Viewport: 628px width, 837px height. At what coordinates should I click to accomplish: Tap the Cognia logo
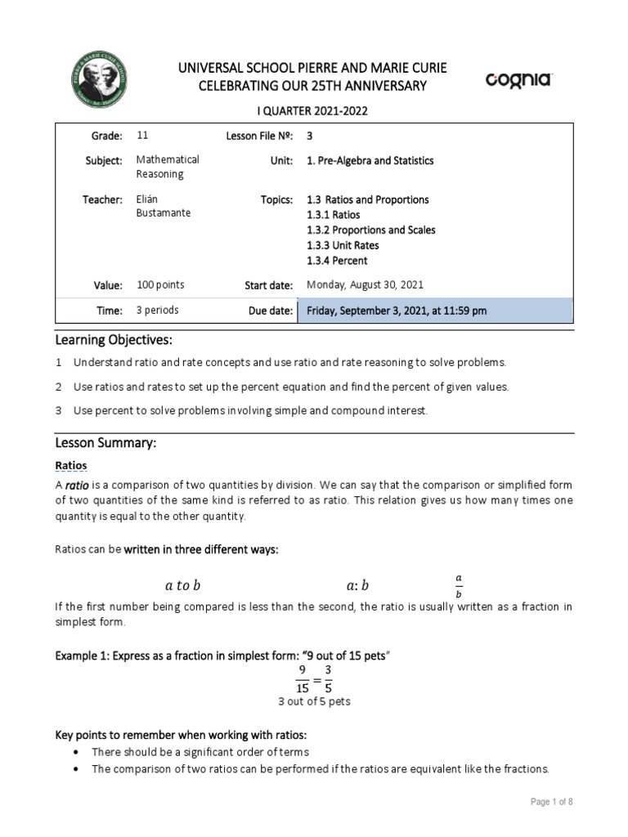[x=519, y=79]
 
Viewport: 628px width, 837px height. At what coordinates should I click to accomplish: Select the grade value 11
[x=142, y=136]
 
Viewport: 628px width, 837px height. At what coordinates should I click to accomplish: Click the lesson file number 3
[x=310, y=136]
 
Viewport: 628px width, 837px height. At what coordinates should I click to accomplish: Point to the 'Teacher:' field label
[x=102, y=199]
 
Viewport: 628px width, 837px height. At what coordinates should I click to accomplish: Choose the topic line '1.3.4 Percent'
[x=337, y=261]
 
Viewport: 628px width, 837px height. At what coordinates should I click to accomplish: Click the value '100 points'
[x=160, y=285]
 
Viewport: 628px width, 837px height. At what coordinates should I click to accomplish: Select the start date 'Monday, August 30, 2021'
[x=365, y=285]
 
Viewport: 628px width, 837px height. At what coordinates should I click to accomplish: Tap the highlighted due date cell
[x=435, y=311]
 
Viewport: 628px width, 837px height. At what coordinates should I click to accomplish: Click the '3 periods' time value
[x=157, y=311]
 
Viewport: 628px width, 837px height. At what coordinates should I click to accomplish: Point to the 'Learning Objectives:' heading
[x=114, y=339]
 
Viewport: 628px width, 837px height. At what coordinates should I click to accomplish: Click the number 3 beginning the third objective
[x=59, y=410]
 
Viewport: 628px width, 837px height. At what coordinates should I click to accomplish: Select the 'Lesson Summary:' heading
[x=105, y=443]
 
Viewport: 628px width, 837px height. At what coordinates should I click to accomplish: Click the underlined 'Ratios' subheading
[x=71, y=465]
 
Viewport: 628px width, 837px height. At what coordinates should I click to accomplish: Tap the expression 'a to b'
[x=182, y=585]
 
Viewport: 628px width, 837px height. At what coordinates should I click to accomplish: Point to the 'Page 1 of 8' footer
[x=551, y=802]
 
